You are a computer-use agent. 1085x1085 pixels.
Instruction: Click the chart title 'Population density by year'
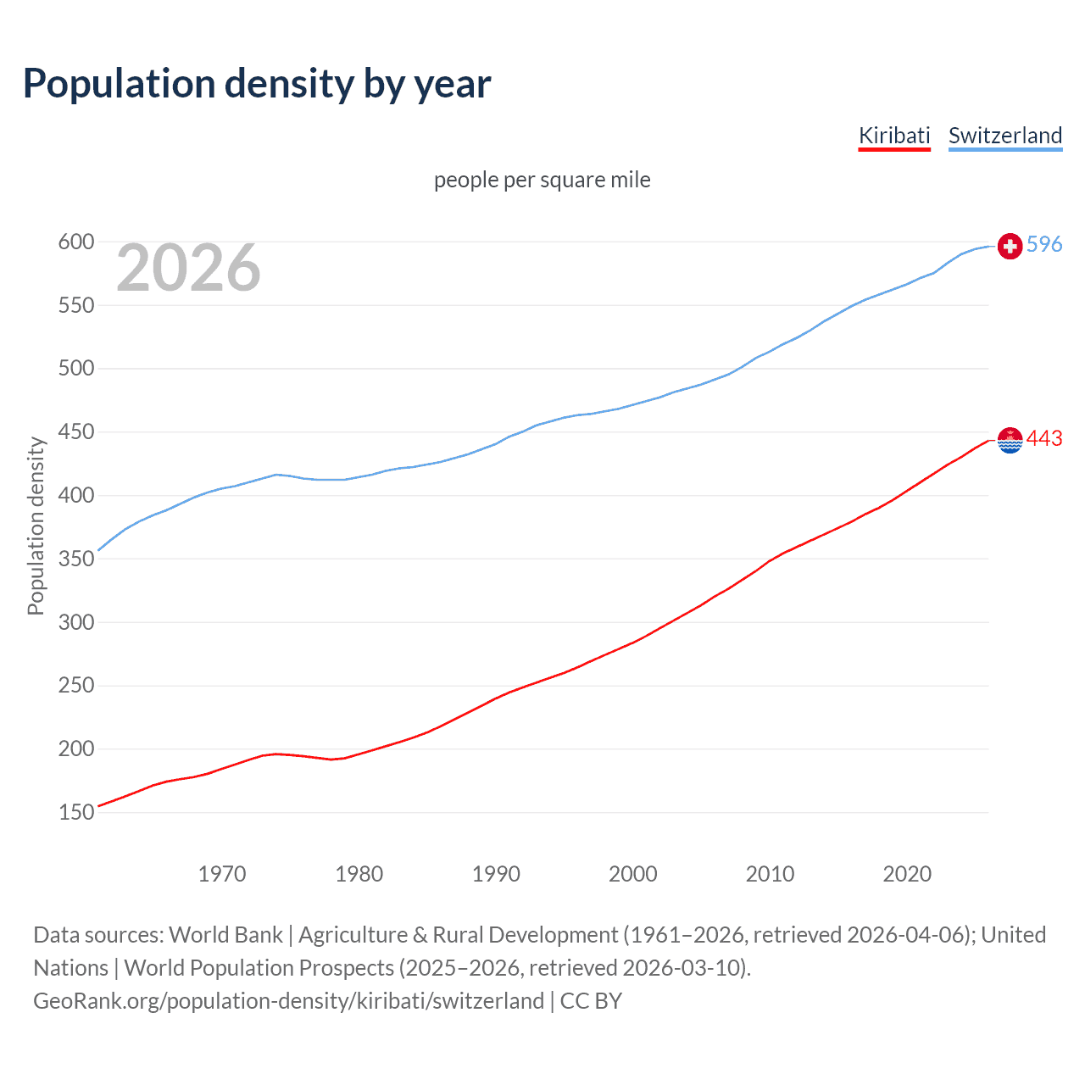[x=257, y=84]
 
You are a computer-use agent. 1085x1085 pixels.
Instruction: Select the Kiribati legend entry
[x=894, y=136]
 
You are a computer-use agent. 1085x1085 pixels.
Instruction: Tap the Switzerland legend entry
[x=1004, y=136]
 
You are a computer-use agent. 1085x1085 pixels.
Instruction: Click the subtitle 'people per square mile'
[x=542, y=180]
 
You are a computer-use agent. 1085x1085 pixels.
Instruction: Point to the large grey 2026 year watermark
[x=188, y=268]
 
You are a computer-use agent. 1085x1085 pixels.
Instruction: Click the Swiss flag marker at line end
[x=1010, y=246]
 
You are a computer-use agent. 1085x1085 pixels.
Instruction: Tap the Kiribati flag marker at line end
[x=1010, y=440]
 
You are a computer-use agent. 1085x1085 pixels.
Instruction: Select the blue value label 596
[x=1043, y=244]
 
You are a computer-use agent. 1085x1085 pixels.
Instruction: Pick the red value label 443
[x=1043, y=438]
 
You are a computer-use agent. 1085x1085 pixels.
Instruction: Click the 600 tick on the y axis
[x=75, y=242]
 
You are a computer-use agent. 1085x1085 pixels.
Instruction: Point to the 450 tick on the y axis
[x=75, y=432]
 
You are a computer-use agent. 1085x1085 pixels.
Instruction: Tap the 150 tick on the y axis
[x=75, y=812]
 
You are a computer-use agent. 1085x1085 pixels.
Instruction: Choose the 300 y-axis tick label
[x=75, y=622]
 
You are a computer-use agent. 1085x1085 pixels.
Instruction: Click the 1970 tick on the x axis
[x=222, y=874]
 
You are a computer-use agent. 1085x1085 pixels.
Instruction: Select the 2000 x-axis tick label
[x=632, y=874]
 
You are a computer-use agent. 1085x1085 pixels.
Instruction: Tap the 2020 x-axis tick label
[x=907, y=874]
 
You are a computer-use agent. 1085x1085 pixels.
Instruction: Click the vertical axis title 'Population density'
[x=36, y=526]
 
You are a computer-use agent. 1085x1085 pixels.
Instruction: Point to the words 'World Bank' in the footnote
[x=225, y=935]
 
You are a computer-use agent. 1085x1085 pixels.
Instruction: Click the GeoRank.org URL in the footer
[x=288, y=1001]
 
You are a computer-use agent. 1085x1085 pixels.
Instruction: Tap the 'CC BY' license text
[x=591, y=1001]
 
